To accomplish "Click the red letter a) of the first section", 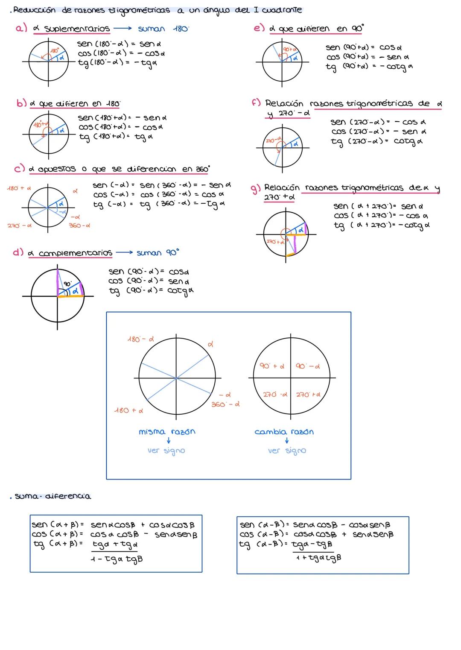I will tap(21, 28).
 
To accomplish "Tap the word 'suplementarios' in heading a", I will tap(77, 29).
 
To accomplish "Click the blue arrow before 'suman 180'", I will tap(123, 29).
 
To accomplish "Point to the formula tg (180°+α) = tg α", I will tap(116, 137).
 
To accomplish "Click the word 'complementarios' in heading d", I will tap(76, 253).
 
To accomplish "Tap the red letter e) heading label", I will tap(259, 28).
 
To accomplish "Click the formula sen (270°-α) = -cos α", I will tap(378, 122).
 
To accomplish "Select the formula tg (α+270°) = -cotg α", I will tap(382, 225).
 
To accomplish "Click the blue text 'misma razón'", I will tap(167, 432).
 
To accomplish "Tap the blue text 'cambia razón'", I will tap(284, 432).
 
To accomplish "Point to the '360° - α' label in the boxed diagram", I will tap(225, 404).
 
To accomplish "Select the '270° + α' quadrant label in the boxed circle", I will tap(308, 395).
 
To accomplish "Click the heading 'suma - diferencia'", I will tap(53, 496).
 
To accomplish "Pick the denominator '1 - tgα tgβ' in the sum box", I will tap(117, 559).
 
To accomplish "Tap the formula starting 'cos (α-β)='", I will tap(316, 534).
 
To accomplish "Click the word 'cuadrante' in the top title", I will tap(283, 9).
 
